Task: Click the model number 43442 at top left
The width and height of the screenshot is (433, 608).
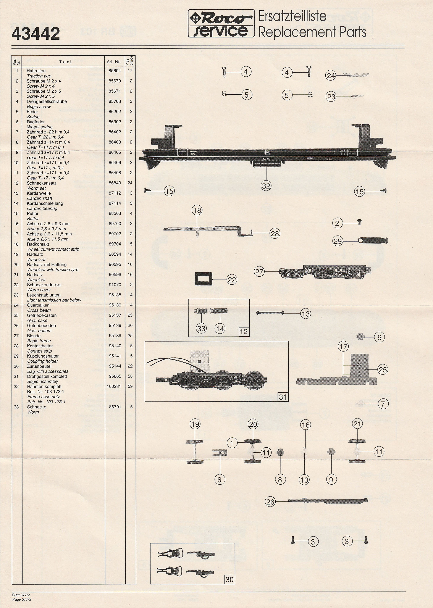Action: pyautogui.click(x=36, y=34)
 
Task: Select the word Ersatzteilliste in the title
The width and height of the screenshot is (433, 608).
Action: pyautogui.click(x=292, y=16)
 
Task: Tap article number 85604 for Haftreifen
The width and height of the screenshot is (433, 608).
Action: pyautogui.click(x=115, y=71)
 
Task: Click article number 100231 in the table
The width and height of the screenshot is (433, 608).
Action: pyautogui.click(x=114, y=386)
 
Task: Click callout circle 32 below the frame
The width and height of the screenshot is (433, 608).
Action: pyautogui.click(x=266, y=186)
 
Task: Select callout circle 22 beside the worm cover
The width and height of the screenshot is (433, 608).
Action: pyautogui.click(x=232, y=280)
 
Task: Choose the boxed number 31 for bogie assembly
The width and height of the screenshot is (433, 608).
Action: pyautogui.click(x=283, y=397)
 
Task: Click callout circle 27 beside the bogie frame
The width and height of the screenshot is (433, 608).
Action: pyautogui.click(x=259, y=272)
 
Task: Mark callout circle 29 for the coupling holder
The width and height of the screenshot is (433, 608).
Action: pyautogui.click(x=338, y=241)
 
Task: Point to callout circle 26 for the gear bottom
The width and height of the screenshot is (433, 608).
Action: pyautogui.click(x=270, y=502)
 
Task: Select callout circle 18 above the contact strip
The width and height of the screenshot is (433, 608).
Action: pyautogui.click(x=197, y=210)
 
